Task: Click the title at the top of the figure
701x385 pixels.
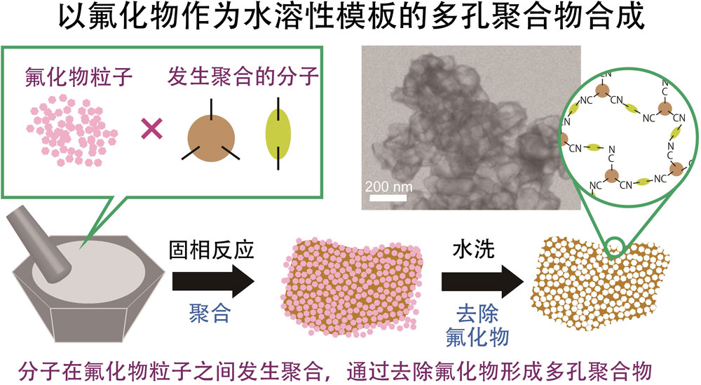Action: pyautogui.click(x=350, y=19)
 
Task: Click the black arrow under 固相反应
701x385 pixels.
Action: pyautogui.click(x=213, y=282)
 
